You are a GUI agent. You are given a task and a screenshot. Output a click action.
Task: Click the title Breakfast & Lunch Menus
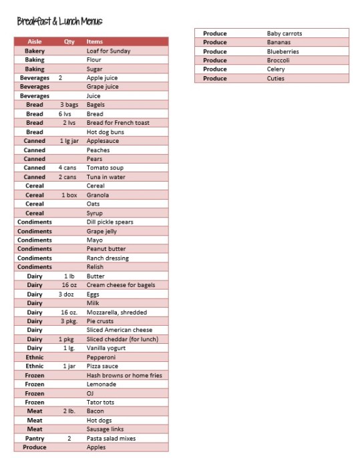pos(59,22)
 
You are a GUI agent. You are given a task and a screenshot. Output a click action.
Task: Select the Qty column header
pos(69,41)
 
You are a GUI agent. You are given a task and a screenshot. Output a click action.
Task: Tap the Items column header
pos(95,41)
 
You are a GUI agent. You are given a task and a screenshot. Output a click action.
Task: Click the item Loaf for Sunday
pos(108,51)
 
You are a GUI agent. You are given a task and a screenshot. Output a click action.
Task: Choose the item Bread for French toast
pos(118,123)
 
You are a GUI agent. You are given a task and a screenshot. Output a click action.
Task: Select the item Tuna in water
pos(106,177)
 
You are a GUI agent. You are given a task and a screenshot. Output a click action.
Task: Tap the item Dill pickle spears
pos(110,222)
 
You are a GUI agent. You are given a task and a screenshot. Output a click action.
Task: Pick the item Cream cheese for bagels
pos(121,285)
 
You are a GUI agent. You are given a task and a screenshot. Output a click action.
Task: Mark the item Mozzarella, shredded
pos(117,312)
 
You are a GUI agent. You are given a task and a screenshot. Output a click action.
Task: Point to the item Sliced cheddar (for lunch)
pos(122,339)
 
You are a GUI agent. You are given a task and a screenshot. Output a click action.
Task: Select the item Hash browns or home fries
pos(124,375)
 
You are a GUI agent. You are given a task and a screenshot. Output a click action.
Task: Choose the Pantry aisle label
pos(35,438)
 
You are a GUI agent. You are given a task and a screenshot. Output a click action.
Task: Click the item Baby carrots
pos(285,33)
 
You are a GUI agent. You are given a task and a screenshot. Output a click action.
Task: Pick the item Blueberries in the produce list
pos(283,51)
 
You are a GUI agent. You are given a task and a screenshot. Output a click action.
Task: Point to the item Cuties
pos(276,78)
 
